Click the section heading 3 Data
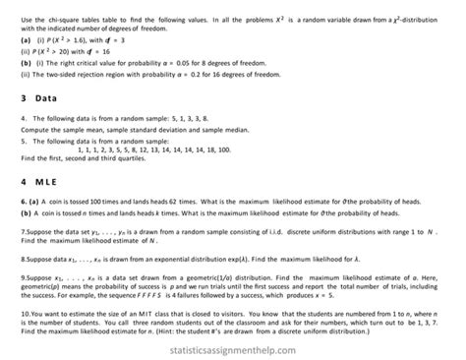[40, 98]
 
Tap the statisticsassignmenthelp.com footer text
[233, 347]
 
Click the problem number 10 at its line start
[25, 313]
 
